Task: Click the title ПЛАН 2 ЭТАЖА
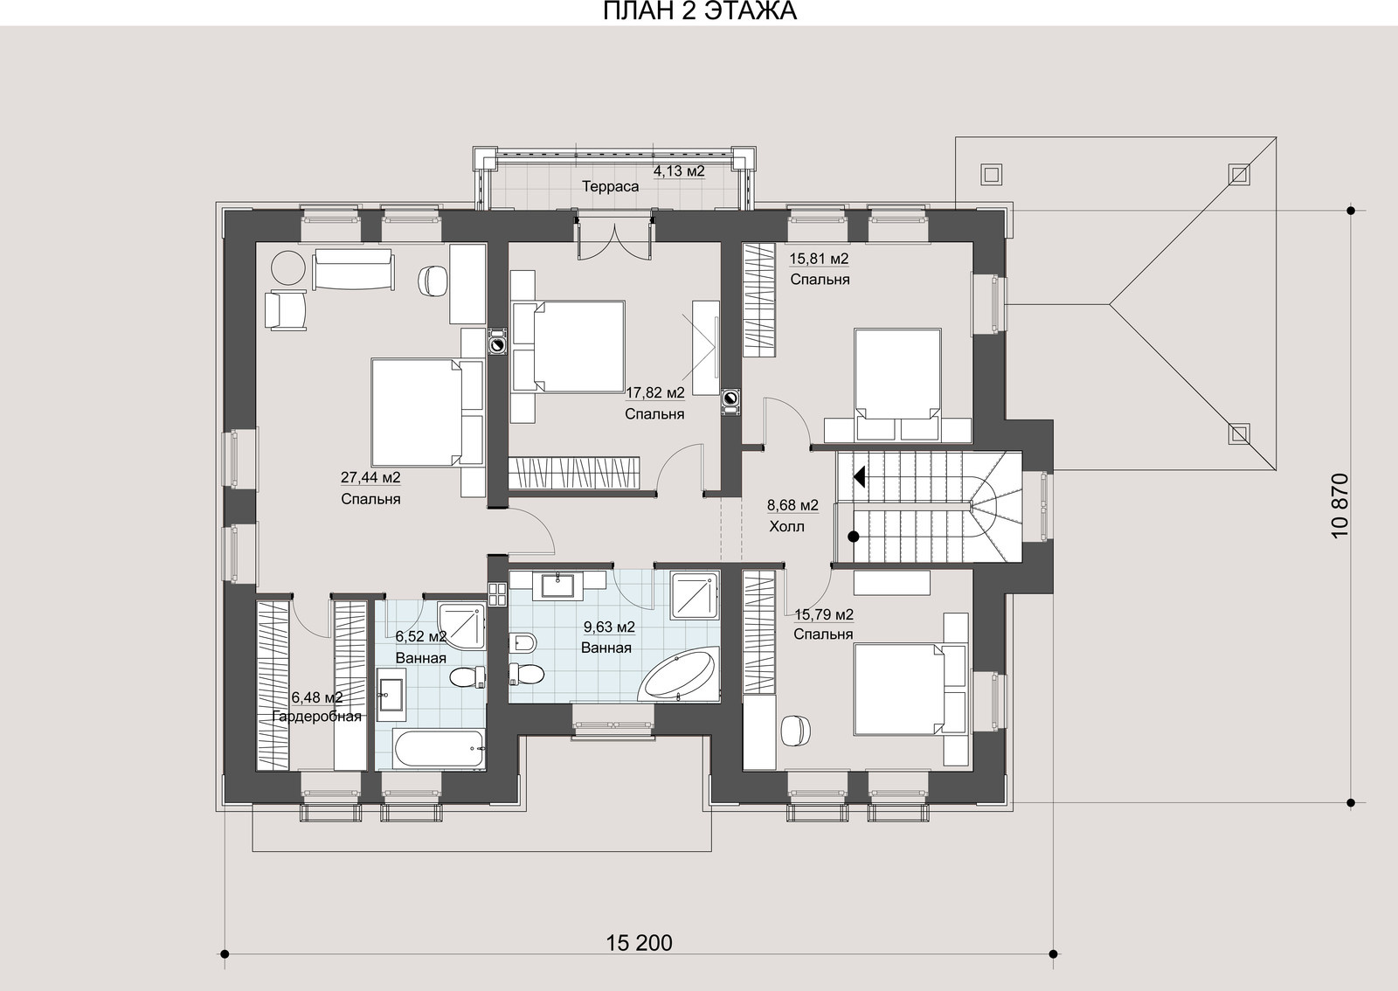[x=699, y=11]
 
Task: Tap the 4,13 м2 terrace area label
[x=679, y=170]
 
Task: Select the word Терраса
[x=611, y=187]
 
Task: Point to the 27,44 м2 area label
[x=370, y=477]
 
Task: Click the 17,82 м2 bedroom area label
[x=655, y=392]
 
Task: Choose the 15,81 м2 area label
[x=819, y=259]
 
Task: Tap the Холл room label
[x=786, y=527]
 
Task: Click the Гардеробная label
[x=317, y=717]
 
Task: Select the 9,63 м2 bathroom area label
[x=608, y=627]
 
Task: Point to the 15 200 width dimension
[x=640, y=943]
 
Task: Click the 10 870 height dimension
[x=1340, y=505]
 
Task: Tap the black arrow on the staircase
[x=859, y=477]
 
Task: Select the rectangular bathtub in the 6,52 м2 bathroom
[x=439, y=748]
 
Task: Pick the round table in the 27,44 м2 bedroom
[x=288, y=267]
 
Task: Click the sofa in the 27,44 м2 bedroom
[x=353, y=269]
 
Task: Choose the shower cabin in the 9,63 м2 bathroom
[x=695, y=595]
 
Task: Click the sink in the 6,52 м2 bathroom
[x=391, y=695]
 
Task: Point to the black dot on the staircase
[x=854, y=537]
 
